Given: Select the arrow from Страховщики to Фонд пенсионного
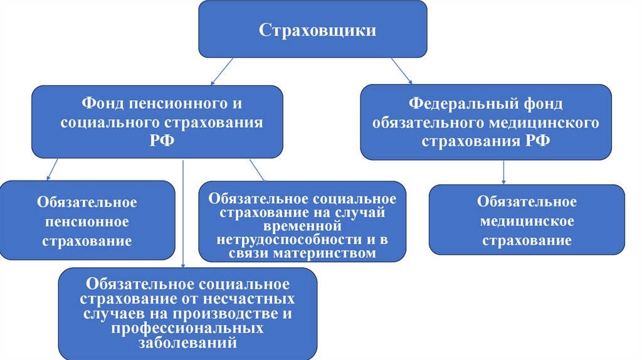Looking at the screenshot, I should click(x=222, y=71).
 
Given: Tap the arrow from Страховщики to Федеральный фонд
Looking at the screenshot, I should click(x=401, y=70).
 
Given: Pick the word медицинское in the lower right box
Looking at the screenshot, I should click(x=527, y=221).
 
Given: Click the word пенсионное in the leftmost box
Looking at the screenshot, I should click(x=87, y=222).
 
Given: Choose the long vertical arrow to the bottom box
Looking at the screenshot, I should click(x=182, y=213).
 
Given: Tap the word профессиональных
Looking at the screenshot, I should click(x=187, y=328).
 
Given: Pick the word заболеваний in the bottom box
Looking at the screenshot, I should click(x=187, y=342).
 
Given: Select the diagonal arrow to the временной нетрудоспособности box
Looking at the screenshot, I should click(x=257, y=170).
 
